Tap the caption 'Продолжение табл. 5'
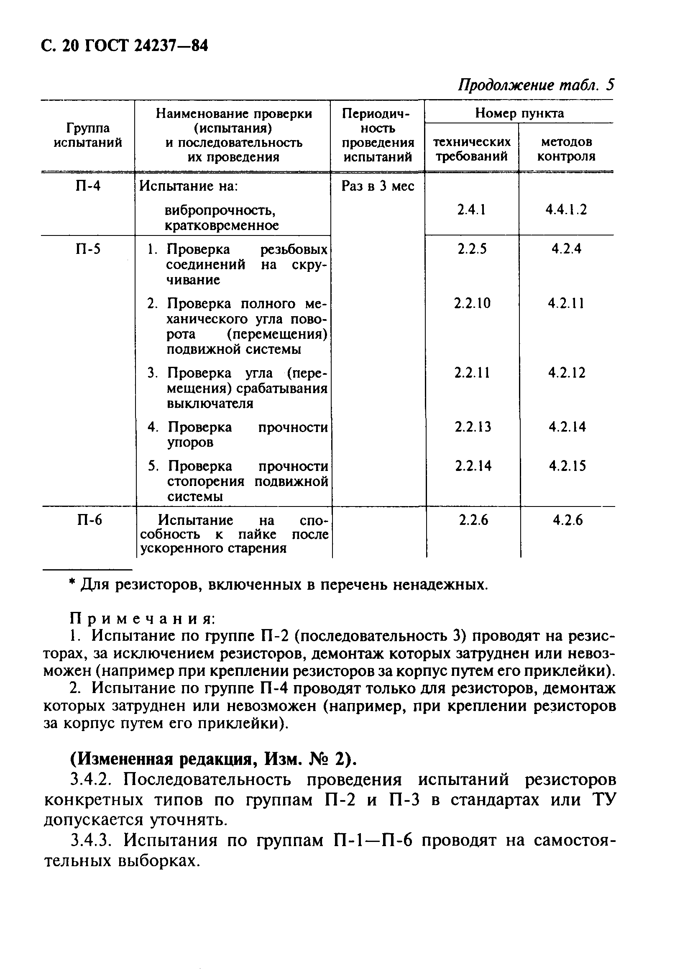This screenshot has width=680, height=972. click(x=536, y=85)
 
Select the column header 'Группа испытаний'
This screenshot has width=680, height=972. click(x=88, y=135)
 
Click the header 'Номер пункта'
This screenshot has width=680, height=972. click(x=519, y=113)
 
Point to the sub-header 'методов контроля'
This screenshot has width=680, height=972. click(x=566, y=148)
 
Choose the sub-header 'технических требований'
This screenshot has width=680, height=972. click(x=472, y=148)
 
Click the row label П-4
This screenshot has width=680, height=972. click(x=88, y=186)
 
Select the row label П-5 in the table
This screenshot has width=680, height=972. click(x=88, y=249)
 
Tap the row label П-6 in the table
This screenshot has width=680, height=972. click(x=89, y=519)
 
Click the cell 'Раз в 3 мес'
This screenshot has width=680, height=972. click(x=377, y=186)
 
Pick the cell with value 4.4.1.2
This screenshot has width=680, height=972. click(x=566, y=210)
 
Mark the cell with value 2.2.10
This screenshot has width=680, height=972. click(x=472, y=303)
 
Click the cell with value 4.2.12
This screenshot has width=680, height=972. click(x=567, y=373)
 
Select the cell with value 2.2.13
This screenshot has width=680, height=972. click(x=473, y=427)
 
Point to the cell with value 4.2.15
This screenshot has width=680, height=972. click(x=568, y=466)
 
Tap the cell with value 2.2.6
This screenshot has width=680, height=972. click(x=473, y=520)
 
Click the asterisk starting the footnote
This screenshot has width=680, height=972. click(x=72, y=583)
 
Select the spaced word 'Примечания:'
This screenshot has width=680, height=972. click(x=143, y=619)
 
